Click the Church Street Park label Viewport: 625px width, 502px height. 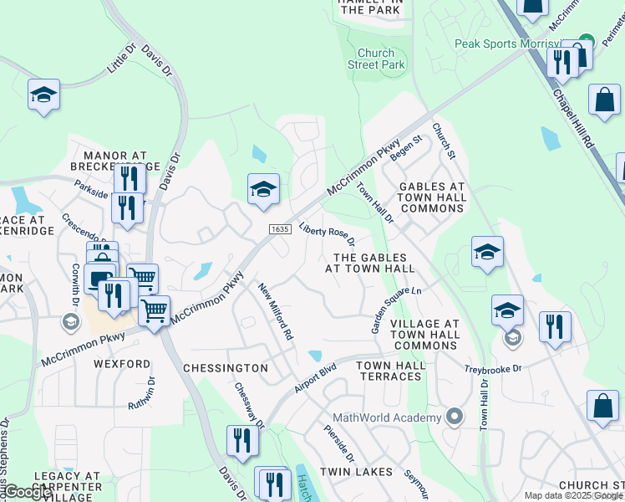pyautogui.click(x=376, y=59)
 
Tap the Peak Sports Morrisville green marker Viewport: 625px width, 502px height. pyautogui.click(x=587, y=40)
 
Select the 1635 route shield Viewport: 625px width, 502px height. pyautogui.click(x=279, y=228)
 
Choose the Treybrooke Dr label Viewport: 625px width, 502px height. pyautogui.click(x=493, y=369)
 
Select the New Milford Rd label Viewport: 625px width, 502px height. pyautogui.click(x=276, y=311)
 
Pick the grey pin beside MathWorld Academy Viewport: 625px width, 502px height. pyautogui.click(x=454, y=416)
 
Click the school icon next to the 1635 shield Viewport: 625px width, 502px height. pyautogui.click(x=263, y=189)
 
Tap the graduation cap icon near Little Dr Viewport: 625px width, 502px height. pyautogui.click(x=43, y=95)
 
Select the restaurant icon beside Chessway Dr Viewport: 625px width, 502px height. pyautogui.click(x=242, y=439)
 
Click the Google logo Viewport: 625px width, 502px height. pyautogui.click(x=28, y=491)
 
